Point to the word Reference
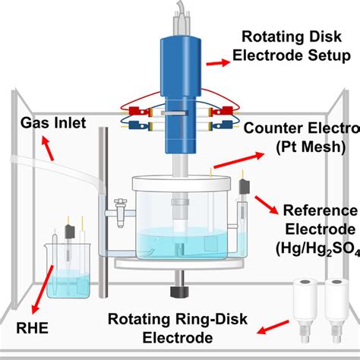pyautogui.click(x=319, y=210)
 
